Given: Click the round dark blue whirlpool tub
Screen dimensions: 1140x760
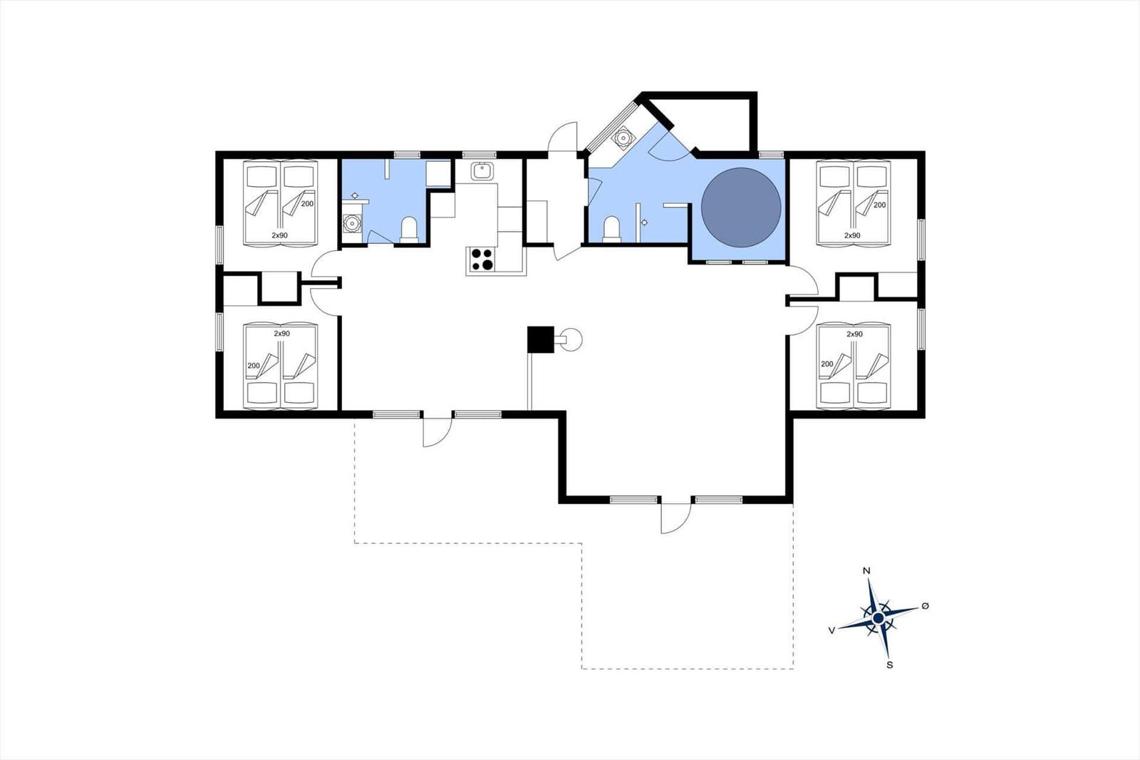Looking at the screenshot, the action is pyautogui.click(x=741, y=207).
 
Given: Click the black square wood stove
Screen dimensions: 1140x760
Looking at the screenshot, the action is pyautogui.click(x=541, y=339).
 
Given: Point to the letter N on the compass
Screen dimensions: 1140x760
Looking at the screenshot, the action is pyautogui.click(x=866, y=570).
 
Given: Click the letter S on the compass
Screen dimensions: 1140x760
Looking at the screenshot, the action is pyautogui.click(x=890, y=664).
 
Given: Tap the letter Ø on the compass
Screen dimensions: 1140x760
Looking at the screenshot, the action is pyautogui.click(x=926, y=606).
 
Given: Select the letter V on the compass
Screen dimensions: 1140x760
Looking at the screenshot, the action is pyautogui.click(x=831, y=630).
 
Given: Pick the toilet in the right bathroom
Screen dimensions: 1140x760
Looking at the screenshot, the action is pyautogui.click(x=611, y=229).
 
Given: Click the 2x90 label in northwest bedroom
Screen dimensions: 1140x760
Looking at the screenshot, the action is pyautogui.click(x=279, y=235).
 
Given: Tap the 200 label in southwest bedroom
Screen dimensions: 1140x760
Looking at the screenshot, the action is pyautogui.click(x=254, y=365).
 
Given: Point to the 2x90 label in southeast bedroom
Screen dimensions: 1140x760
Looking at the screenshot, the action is pyautogui.click(x=854, y=334).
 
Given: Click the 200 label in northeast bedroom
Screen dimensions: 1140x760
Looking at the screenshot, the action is pyautogui.click(x=879, y=205).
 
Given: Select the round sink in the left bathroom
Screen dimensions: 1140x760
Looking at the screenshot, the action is pyautogui.click(x=352, y=223).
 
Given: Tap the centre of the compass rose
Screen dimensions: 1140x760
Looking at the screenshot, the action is pyautogui.click(x=878, y=618).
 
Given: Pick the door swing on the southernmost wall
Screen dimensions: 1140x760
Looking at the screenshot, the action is pyautogui.click(x=676, y=518).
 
